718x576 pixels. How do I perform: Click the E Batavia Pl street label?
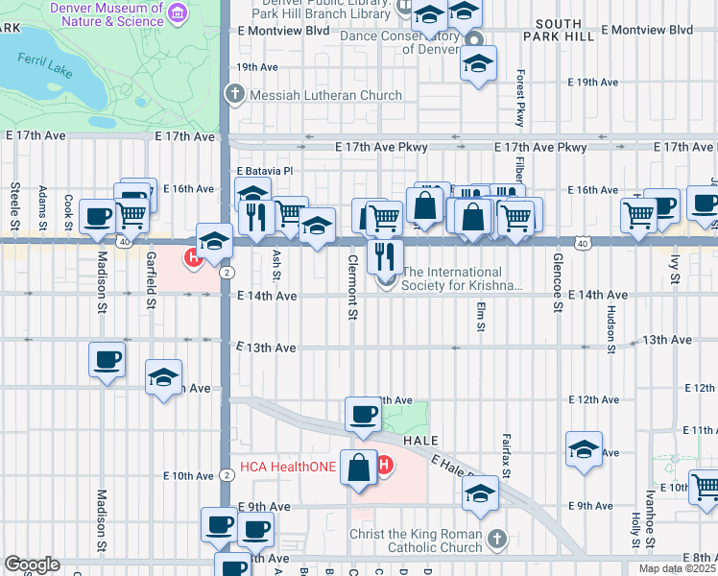coord(264,171)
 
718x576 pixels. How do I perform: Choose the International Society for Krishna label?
coord(463,278)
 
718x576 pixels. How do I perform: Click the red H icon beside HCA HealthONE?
coord(385,467)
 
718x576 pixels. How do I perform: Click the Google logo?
coord(32,564)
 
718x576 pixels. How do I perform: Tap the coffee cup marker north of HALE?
coord(364,414)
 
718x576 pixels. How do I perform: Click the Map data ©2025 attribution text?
coord(676,568)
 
